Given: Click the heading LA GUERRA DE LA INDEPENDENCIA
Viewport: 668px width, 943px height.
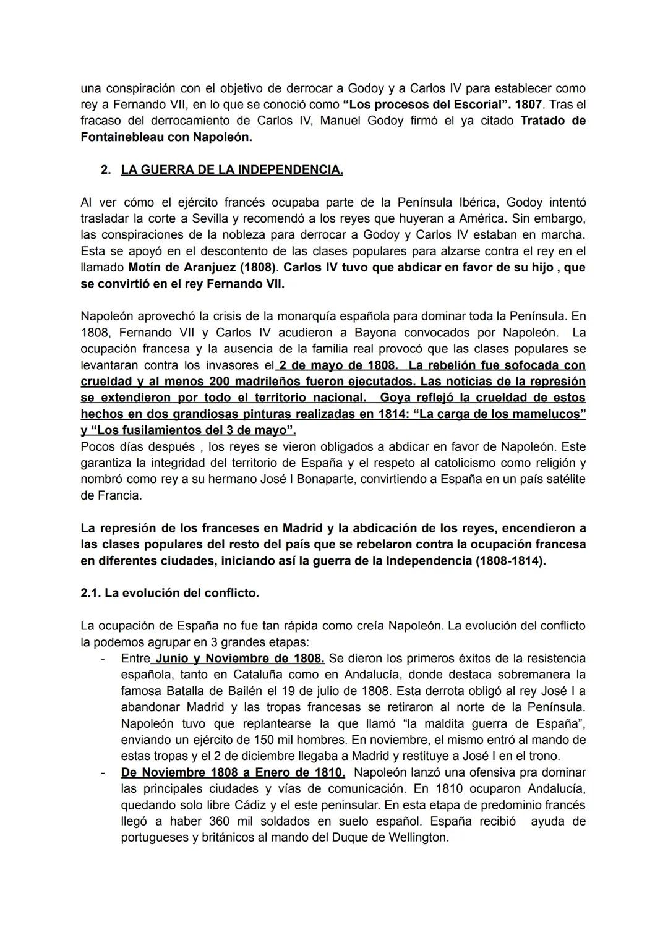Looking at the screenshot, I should click(231, 169).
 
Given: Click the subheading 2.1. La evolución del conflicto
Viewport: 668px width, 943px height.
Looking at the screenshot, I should click(169, 593).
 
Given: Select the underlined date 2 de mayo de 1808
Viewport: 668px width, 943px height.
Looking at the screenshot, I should click(338, 365).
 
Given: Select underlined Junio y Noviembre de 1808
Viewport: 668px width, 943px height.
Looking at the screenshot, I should click(240, 658).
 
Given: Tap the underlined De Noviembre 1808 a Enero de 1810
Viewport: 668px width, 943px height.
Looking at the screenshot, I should click(233, 772).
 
